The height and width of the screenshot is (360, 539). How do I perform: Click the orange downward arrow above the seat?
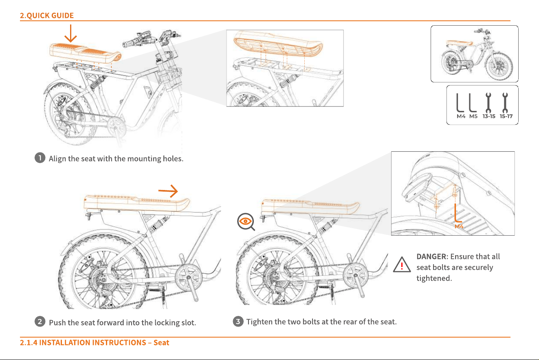[x=70, y=33]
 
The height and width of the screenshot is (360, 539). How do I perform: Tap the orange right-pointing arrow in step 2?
[x=168, y=191]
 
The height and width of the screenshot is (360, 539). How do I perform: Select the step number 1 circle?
[x=40, y=158]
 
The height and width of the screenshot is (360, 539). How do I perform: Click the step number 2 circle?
[x=40, y=322]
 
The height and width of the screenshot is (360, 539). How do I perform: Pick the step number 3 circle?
[x=238, y=321]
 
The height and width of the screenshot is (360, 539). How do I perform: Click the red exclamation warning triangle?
[x=402, y=265]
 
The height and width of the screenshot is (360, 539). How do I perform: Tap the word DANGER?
[x=431, y=256]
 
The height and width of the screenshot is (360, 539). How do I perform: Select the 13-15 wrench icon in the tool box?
[x=488, y=103]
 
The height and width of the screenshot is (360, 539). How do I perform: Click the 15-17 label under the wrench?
[x=506, y=116]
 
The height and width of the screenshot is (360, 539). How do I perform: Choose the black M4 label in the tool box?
[x=461, y=116]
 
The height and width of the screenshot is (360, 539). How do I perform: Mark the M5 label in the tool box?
[x=473, y=116]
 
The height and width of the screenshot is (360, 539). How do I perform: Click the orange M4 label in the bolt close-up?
[x=459, y=226]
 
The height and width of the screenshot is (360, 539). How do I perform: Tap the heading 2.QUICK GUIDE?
[x=47, y=15]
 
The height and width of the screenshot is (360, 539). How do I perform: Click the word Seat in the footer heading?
[x=161, y=342]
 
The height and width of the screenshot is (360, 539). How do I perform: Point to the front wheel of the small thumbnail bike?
[x=499, y=67]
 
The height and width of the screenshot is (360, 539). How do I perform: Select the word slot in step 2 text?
[x=189, y=322]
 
